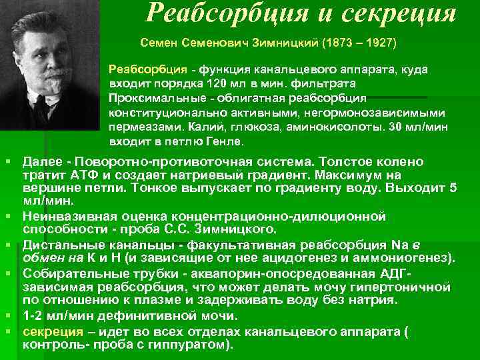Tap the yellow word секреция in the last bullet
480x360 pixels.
(53, 333)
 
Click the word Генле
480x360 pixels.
(227, 142)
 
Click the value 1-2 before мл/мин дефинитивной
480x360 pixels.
(35, 317)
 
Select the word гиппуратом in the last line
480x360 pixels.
(187, 345)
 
